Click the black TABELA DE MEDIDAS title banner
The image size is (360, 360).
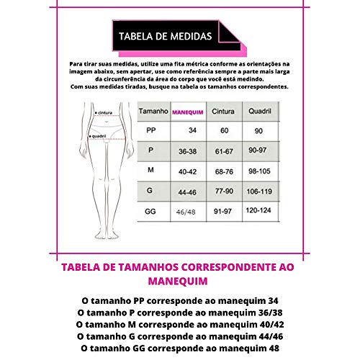click(165, 35)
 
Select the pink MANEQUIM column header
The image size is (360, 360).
click(186, 112)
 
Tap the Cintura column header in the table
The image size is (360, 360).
click(224, 112)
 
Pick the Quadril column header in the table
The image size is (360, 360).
click(260, 112)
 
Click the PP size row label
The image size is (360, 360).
click(150, 131)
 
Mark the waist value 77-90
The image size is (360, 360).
click(224, 192)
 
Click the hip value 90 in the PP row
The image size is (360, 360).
click(260, 131)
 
